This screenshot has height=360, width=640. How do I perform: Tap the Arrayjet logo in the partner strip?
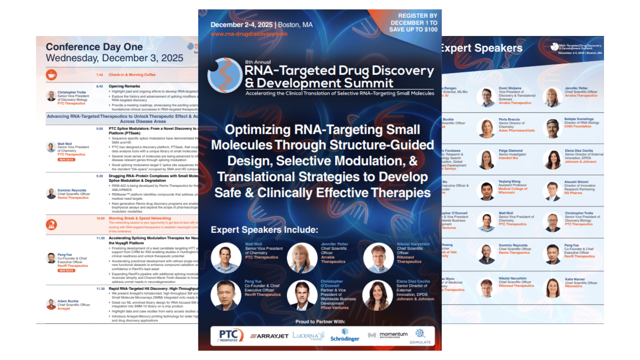point(269,336)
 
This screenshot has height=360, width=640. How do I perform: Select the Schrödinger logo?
point(345,336)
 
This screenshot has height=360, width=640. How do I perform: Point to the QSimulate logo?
point(420,336)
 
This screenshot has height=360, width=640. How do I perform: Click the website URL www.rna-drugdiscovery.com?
point(249,34)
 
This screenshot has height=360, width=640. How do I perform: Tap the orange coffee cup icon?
point(51,75)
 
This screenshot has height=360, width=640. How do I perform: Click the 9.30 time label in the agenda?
point(100,176)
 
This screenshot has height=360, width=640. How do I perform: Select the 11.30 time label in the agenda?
point(100,289)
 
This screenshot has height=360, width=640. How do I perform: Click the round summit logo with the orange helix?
point(225,75)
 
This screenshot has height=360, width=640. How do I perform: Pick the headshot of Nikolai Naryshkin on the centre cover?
point(378,258)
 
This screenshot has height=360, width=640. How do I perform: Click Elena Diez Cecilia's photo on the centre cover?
point(378,295)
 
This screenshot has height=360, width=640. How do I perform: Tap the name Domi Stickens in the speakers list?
point(510,88)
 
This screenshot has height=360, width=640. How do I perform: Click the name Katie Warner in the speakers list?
point(575,279)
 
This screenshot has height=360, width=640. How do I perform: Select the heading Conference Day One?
point(94,47)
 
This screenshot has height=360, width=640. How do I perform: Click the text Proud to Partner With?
point(320,322)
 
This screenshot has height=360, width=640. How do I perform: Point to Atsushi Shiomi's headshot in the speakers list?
point(553,191)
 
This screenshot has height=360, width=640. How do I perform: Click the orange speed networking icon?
point(51,225)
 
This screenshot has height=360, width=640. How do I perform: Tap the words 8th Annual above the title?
point(258,62)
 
